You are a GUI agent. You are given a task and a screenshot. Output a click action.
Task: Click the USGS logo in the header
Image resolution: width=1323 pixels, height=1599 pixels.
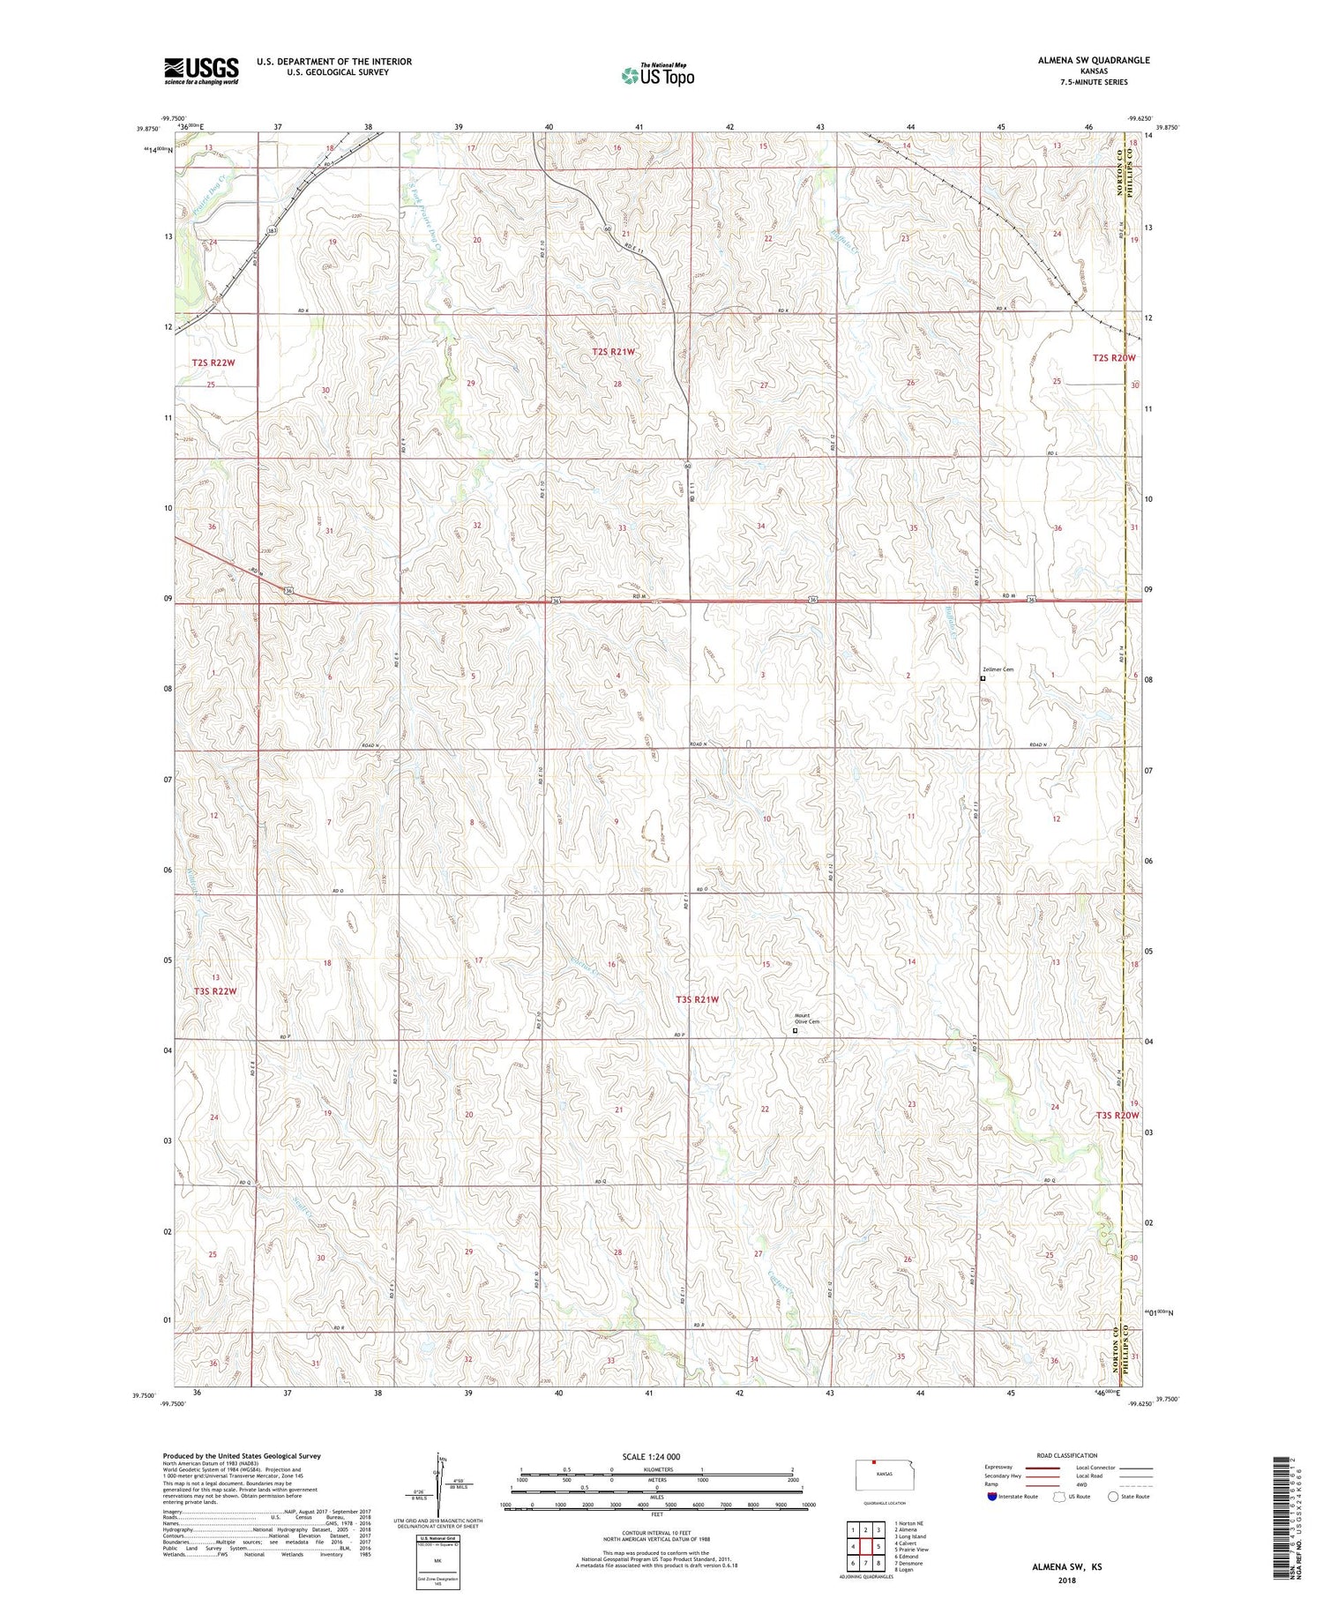(x=201, y=71)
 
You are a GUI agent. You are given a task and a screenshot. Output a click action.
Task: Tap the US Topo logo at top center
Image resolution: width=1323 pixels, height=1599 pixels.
(x=658, y=75)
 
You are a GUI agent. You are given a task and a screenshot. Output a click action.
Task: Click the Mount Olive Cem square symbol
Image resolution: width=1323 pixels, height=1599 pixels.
(x=795, y=1030)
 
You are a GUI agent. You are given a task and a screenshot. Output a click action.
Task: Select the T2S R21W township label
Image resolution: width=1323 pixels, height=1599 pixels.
(x=613, y=352)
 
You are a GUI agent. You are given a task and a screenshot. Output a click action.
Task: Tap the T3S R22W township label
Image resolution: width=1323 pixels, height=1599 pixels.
(x=215, y=991)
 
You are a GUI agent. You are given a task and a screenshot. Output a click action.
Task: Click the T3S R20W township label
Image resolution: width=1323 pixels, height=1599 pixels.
(x=1117, y=1115)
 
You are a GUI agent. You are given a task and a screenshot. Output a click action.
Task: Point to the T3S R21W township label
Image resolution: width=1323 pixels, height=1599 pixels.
(x=698, y=999)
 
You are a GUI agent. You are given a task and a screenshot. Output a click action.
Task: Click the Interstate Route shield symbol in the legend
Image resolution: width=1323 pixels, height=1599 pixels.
(x=992, y=1497)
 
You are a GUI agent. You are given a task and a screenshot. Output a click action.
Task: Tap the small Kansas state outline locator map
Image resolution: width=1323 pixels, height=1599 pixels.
(x=880, y=1474)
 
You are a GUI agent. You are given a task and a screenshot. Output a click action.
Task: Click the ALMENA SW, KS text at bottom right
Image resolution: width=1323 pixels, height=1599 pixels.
(x=1067, y=1567)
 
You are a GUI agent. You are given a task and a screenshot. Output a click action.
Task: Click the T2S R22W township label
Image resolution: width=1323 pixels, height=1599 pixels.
(x=214, y=362)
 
